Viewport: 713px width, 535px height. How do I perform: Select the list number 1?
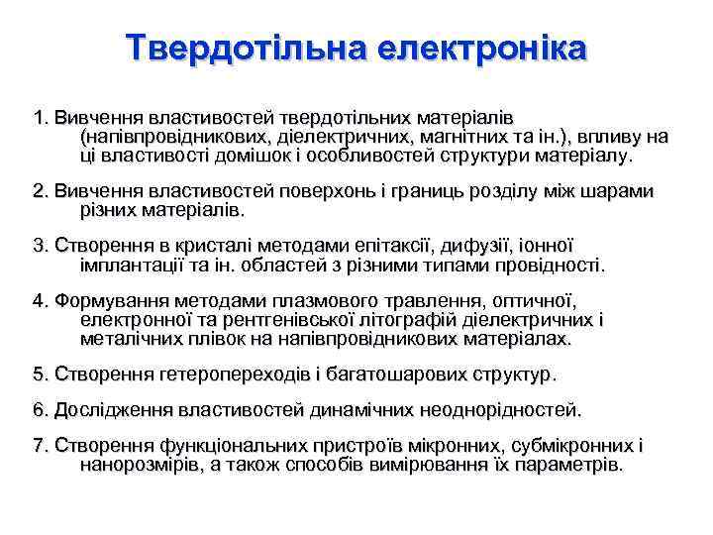pyautogui.click(x=39, y=118)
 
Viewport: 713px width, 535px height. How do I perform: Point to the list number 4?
pyautogui.click(x=39, y=300)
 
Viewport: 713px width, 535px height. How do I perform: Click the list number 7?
pyautogui.click(x=39, y=445)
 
